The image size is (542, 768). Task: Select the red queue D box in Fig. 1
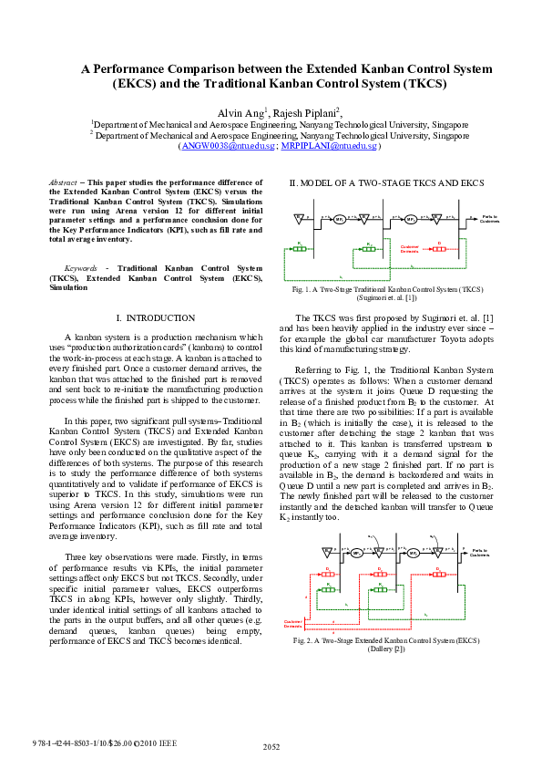(x=439, y=249)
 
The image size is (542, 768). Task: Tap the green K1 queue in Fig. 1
(x=299, y=249)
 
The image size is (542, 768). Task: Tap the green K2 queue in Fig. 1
(x=369, y=249)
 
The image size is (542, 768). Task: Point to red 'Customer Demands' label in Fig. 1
(x=410, y=248)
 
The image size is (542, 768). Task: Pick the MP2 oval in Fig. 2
(x=413, y=553)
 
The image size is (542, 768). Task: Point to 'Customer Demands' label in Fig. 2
(x=293, y=624)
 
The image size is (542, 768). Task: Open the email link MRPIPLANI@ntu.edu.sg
(x=316, y=146)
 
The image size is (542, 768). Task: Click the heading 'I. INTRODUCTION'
(x=157, y=317)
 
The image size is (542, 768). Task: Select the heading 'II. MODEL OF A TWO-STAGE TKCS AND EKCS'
(x=385, y=183)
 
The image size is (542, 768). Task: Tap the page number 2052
(x=271, y=746)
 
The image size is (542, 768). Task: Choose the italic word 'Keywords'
(x=68, y=268)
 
